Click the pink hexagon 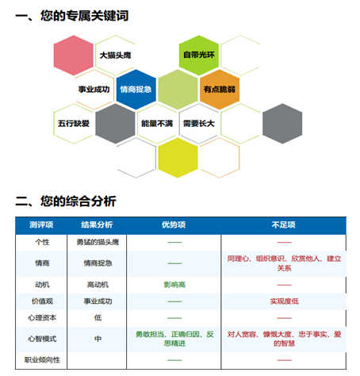pos(74,56)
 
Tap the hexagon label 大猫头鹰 pos(115,56)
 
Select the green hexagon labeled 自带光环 pos(199,56)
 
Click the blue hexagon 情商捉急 pos(136,90)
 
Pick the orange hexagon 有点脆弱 pos(220,90)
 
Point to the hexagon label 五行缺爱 pos(74,123)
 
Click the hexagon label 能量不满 pos(157,123)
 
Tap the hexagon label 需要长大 pos(199,123)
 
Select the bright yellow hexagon pos(178,158)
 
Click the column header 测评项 pos(41,224)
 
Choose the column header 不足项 pos(284,224)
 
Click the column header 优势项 pos(174,224)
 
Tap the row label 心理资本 pos(42,317)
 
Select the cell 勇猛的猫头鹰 pos(98,242)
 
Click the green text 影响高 pos(174,285)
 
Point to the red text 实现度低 pos(285,301)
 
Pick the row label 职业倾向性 pos(42,360)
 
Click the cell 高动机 pos(98,285)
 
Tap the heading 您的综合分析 pos(79,201)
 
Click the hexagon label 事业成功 pos(94,90)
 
